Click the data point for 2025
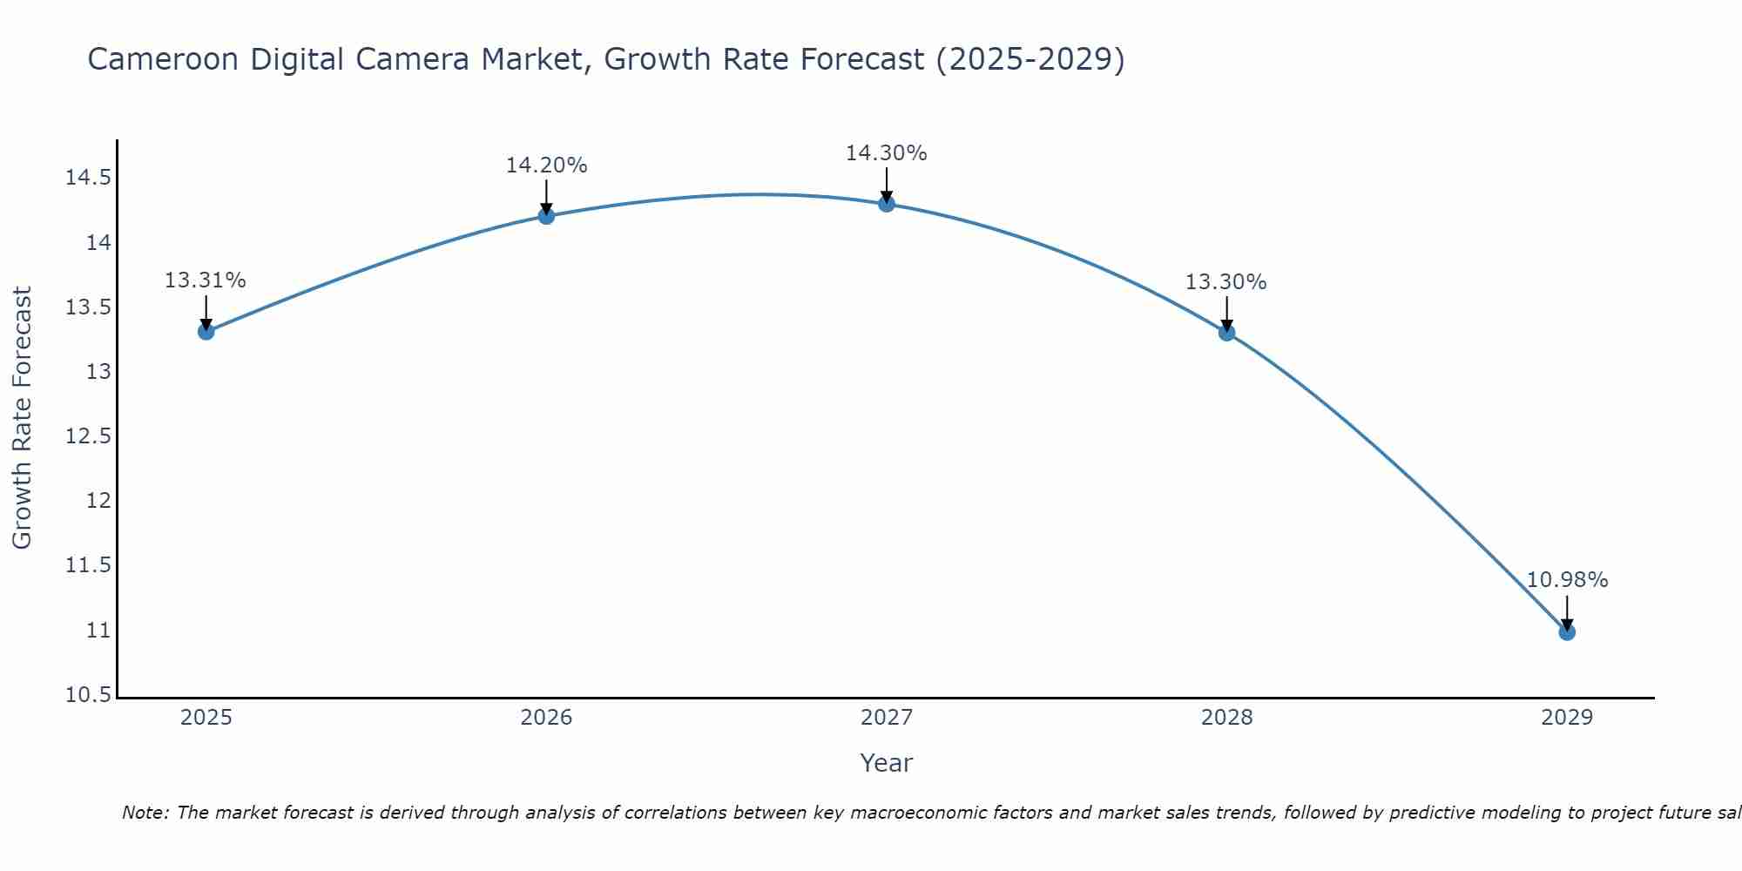click(206, 331)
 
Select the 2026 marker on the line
click(546, 215)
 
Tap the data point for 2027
click(887, 203)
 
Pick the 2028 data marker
click(1227, 332)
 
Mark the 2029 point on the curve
click(1567, 631)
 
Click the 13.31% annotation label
click(206, 280)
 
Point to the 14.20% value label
click(546, 165)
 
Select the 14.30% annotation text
click(886, 153)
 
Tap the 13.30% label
click(1225, 282)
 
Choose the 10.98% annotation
click(1567, 580)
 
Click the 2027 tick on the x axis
click(887, 718)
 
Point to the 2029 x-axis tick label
click(1567, 718)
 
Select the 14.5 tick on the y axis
click(89, 179)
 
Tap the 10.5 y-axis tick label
click(89, 695)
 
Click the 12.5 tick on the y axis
click(89, 436)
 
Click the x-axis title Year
click(886, 763)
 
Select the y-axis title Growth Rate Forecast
click(22, 417)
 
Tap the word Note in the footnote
click(145, 813)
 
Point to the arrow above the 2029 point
click(1567, 612)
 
